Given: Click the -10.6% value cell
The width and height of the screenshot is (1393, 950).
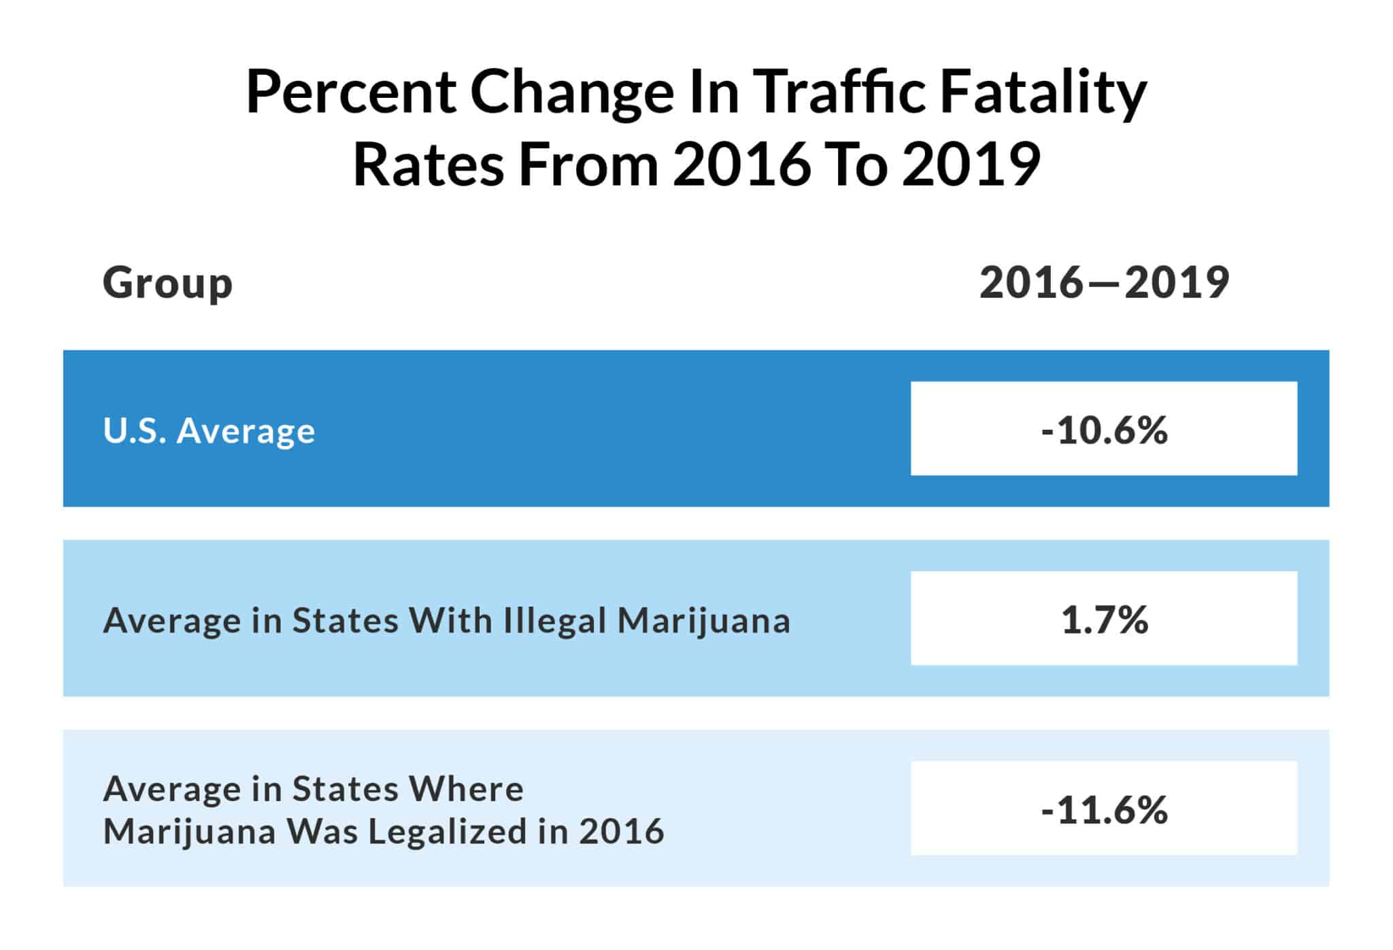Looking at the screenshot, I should pyautogui.click(x=1103, y=430).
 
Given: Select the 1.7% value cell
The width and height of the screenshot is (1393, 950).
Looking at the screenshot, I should pyautogui.click(x=1103, y=620).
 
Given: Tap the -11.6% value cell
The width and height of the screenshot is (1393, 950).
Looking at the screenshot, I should pyautogui.click(x=1103, y=809).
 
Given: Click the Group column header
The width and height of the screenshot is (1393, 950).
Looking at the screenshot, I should pyautogui.click(x=167, y=283).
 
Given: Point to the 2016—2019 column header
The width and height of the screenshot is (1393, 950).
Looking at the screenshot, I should pyautogui.click(x=1104, y=283).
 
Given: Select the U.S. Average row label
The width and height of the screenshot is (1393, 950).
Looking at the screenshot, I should pyautogui.click(x=209, y=431).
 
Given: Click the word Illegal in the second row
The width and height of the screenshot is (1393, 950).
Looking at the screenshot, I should pyautogui.click(x=554, y=621).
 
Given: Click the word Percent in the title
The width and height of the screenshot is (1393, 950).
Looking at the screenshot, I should pyautogui.click(x=350, y=92).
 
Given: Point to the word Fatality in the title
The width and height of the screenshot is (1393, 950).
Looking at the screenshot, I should pyautogui.click(x=1043, y=92).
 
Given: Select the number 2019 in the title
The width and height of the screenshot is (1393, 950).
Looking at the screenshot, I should pyautogui.click(x=971, y=165).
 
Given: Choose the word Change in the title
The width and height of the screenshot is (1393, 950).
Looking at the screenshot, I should pyautogui.click(x=571, y=92).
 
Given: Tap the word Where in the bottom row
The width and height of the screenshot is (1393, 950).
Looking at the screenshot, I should pyautogui.click(x=466, y=790).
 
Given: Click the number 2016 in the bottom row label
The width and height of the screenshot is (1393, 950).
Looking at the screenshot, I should pyautogui.click(x=621, y=832).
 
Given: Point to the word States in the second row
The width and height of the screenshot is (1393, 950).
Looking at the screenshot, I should pyautogui.click(x=345, y=621).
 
